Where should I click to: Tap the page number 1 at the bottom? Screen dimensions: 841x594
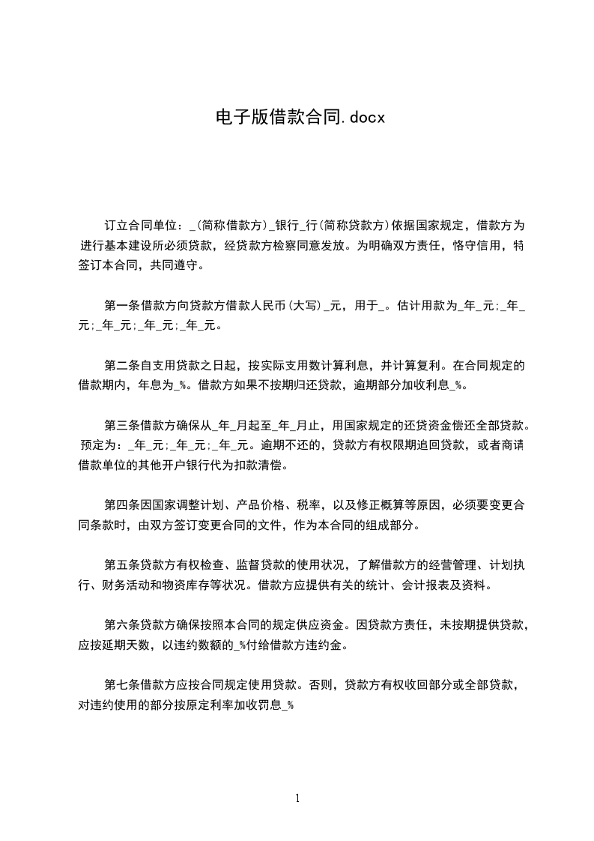(297, 798)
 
